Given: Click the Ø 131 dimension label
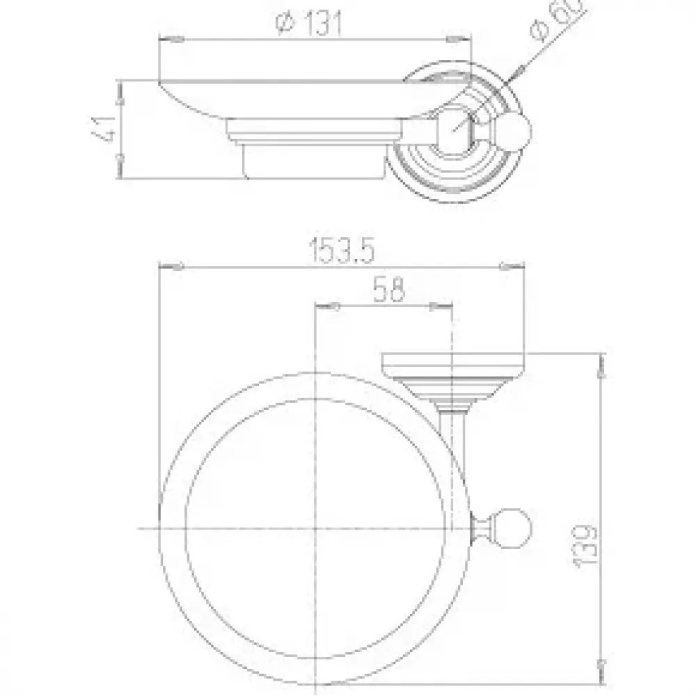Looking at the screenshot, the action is (309, 24).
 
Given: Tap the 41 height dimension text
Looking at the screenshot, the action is (105, 129).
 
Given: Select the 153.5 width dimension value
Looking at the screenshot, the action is (341, 251).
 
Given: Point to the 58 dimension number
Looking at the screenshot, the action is (389, 290).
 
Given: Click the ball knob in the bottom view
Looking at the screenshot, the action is (514, 528).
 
